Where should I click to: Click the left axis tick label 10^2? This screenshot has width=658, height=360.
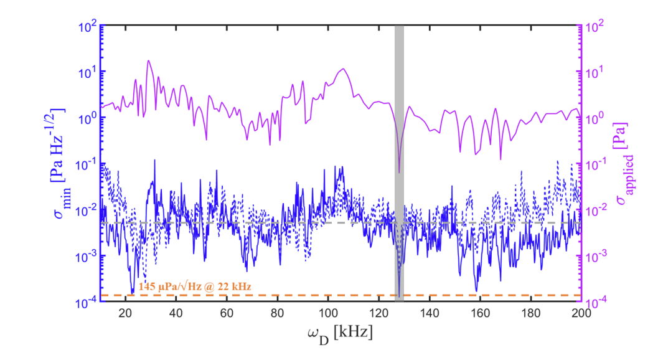[85, 27]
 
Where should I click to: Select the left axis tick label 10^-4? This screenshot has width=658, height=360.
[83, 301]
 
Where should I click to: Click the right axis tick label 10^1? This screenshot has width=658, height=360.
[596, 73]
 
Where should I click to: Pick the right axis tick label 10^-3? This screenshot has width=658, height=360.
[597, 256]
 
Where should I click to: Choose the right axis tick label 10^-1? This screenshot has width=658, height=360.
[597, 164]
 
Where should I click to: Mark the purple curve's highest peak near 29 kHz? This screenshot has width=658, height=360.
[148, 60]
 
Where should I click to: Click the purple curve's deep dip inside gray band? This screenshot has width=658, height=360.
[399, 171]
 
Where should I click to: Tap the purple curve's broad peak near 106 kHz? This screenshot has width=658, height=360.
[343, 69]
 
